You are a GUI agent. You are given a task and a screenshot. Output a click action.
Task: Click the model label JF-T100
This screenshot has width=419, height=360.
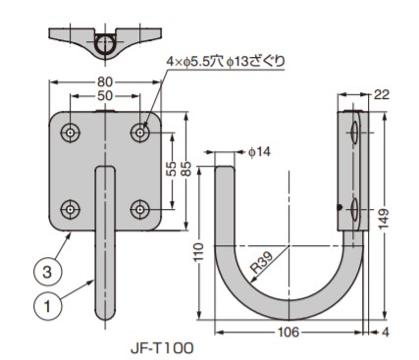162,348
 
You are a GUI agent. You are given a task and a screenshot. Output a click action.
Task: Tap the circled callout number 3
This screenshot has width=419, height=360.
48,272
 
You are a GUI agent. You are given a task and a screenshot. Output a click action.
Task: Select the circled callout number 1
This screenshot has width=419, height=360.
48,307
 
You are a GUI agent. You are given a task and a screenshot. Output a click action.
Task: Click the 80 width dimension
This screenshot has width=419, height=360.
105,81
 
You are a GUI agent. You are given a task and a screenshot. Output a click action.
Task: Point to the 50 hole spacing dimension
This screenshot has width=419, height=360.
105,96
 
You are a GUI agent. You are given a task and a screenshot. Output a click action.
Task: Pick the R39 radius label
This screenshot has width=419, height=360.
261,263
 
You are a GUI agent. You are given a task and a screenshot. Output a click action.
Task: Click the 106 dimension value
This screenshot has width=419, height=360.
288,333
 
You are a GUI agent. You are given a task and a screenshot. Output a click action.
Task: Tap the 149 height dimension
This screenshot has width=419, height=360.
385,219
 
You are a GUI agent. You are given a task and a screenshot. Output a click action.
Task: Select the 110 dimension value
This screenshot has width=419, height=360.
199,251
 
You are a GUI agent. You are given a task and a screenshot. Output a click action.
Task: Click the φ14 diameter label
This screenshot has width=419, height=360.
259,152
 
